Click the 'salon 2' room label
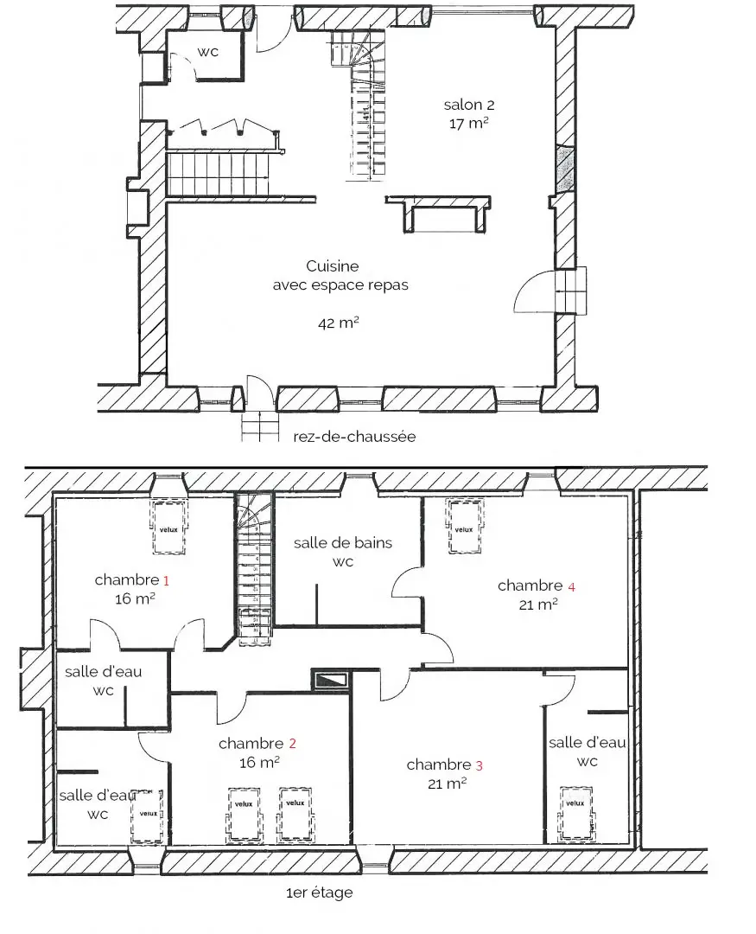pyautogui.click(x=469, y=105)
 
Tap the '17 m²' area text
pyautogui.click(x=469, y=124)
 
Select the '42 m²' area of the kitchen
pyautogui.click(x=339, y=323)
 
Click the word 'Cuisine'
pyautogui.click(x=332, y=265)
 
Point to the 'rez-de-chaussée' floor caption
pyautogui.click(x=354, y=437)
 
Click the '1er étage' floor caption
pyautogui.click(x=319, y=892)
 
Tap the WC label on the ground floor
pyautogui.click(x=207, y=52)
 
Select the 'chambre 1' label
pyautogui.click(x=131, y=579)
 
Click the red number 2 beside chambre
pyautogui.click(x=292, y=744)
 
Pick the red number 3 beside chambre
pyautogui.click(x=480, y=765)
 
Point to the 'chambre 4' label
pyautogui.click(x=537, y=585)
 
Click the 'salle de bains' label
pyautogui.click(x=343, y=542)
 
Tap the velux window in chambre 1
pyautogui.click(x=169, y=528)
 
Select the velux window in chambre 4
pyautogui.click(x=464, y=527)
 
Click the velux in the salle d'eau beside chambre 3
pyautogui.click(x=575, y=815)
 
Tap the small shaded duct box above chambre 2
pyautogui.click(x=330, y=680)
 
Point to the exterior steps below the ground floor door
pyautogui.click(x=260, y=426)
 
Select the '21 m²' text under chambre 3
pyautogui.click(x=447, y=784)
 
